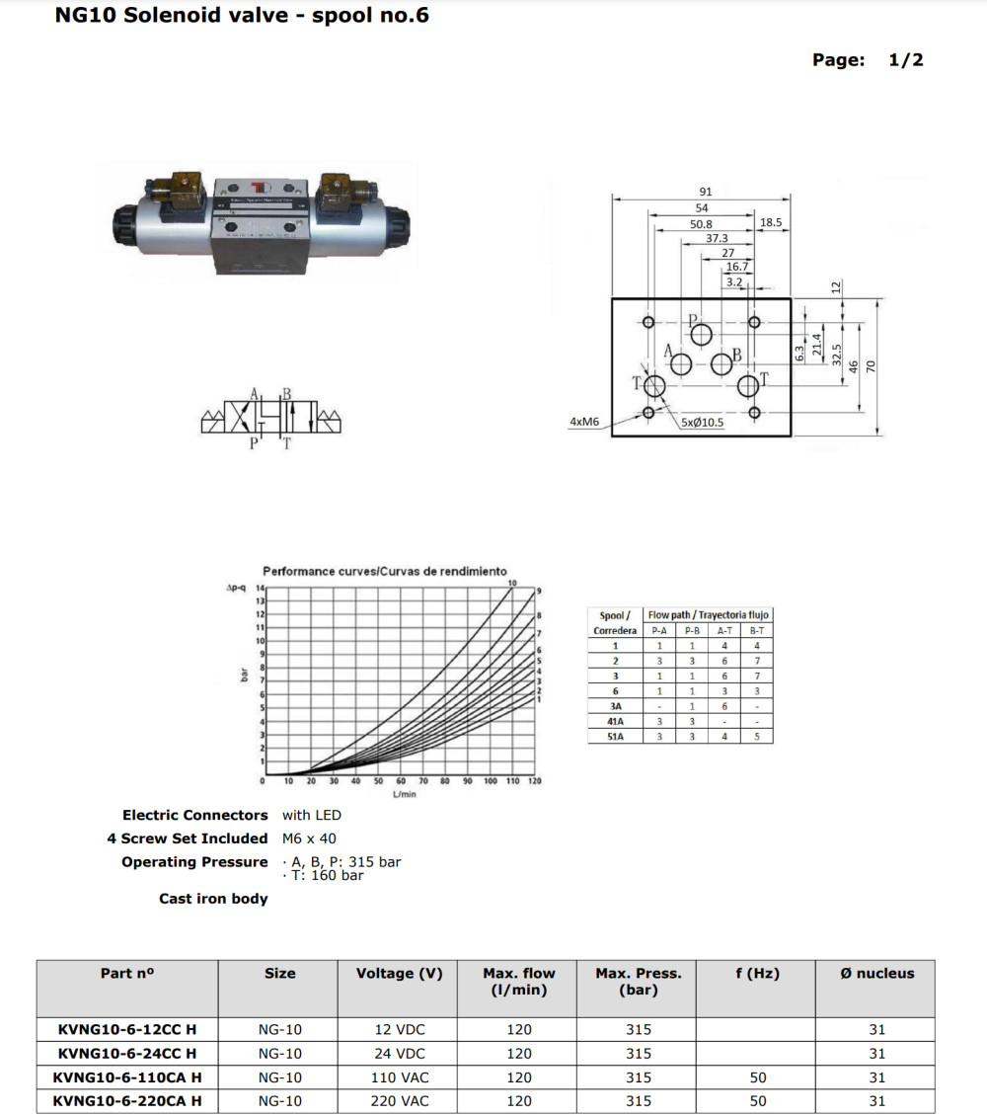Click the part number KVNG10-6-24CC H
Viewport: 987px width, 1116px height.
click(127, 1053)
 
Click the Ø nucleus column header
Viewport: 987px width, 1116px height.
click(877, 973)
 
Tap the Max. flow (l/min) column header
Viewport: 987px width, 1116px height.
click(519, 982)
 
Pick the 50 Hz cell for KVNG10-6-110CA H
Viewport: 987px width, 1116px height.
click(758, 1076)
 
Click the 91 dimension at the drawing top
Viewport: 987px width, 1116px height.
click(705, 192)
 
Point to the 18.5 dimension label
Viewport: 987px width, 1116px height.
click(771, 223)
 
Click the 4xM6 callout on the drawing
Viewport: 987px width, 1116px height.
click(585, 422)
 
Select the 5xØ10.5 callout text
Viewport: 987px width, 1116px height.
click(702, 422)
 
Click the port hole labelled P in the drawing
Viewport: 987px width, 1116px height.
click(702, 335)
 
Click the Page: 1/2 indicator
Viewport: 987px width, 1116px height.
click(868, 60)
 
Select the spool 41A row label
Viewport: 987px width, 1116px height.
click(616, 721)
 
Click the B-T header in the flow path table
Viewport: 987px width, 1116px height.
click(757, 630)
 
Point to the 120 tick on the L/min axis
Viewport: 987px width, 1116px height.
click(535, 781)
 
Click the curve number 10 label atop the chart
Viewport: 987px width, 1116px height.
click(512, 583)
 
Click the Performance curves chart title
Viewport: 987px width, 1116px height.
click(385, 571)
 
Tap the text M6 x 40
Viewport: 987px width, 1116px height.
click(309, 838)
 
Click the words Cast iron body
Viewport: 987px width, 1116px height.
click(213, 899)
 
